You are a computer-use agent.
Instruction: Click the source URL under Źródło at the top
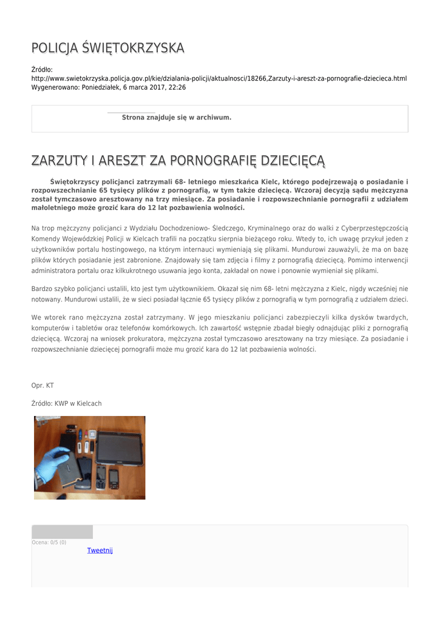point(218,79)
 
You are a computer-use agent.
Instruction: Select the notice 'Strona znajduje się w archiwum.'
point(177,117)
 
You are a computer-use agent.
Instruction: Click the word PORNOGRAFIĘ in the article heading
point(213,161)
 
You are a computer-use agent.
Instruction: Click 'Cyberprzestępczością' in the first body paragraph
point(374,228)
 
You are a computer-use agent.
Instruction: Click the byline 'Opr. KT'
point(42,385)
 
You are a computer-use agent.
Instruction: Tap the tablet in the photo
point(119,448)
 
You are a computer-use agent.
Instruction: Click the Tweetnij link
point(100,551)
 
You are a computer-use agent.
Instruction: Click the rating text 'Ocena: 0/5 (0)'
point(49,542)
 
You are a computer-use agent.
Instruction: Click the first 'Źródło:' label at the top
point(42,70)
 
